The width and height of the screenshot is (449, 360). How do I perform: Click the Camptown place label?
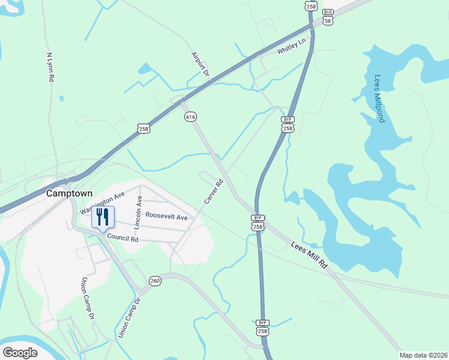coord(70,194)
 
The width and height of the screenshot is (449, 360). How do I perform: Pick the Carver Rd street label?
coord(213,191)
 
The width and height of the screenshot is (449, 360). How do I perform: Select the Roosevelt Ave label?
coord(166,216)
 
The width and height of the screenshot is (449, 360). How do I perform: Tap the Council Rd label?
coord(123,238)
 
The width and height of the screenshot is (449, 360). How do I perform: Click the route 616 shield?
coord(191,116)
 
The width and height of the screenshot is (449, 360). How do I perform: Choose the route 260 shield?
coord(155,281)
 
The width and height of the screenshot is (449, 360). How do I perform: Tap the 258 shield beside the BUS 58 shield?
coord(310,6)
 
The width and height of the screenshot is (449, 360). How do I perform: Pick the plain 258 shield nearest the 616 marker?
coord(143,128)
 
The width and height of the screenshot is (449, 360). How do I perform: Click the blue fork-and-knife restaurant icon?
coord(103,217)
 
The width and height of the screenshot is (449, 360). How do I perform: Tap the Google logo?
coord(20,352)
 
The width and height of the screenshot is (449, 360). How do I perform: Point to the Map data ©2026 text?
coord(423,355)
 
